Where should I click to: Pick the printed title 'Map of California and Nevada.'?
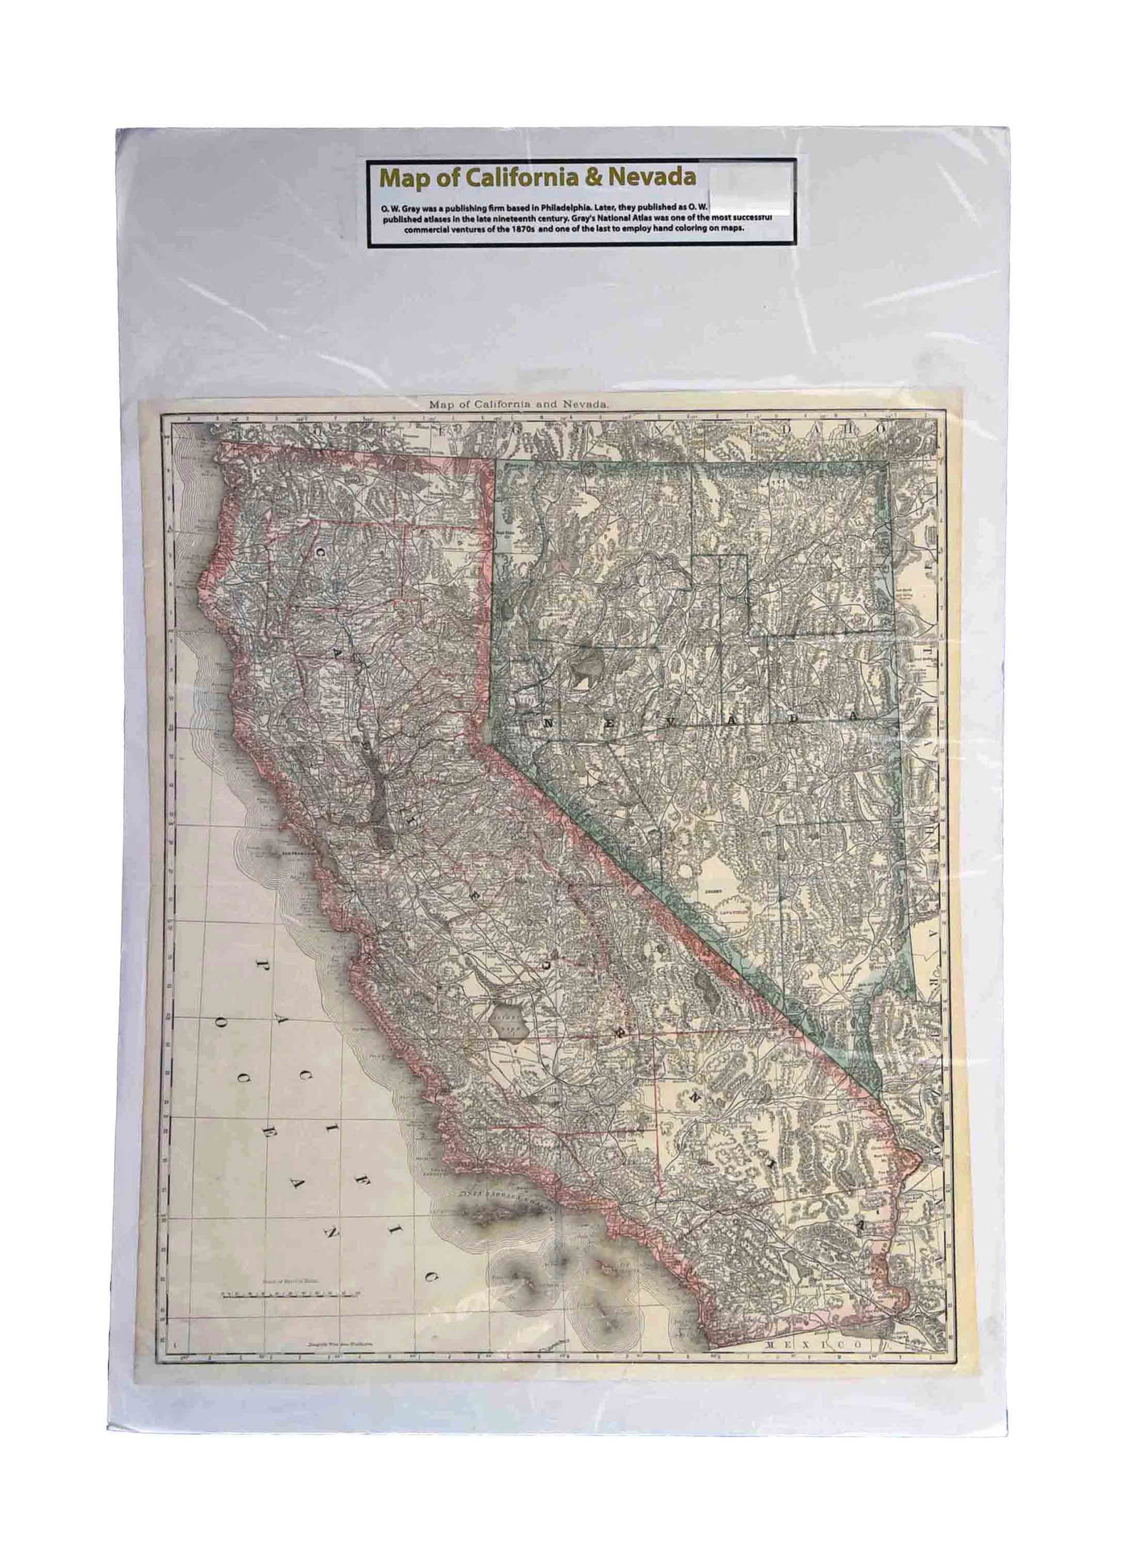[518, 404]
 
